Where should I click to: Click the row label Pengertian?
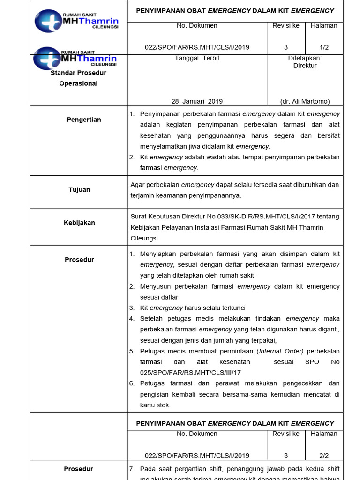[x=83, y=120]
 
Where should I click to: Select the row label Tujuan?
[x=79, y=190]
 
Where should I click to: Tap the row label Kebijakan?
[x=79, y=223]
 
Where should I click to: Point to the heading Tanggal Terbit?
[x=197, y=59]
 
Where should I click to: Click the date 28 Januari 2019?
[x=197, y=101]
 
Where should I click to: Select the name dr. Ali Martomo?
[x=305, y=101]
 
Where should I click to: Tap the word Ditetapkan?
[x=305, y=59]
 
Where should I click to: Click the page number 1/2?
[x=324, y=47]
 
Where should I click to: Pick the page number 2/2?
[x=324, y=455]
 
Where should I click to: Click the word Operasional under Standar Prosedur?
[x=78, y=83]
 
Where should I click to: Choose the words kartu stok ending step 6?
[x=155, y=405]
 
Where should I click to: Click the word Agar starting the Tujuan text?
[x=137, y=185]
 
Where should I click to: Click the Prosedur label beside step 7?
[x=79, y=469]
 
